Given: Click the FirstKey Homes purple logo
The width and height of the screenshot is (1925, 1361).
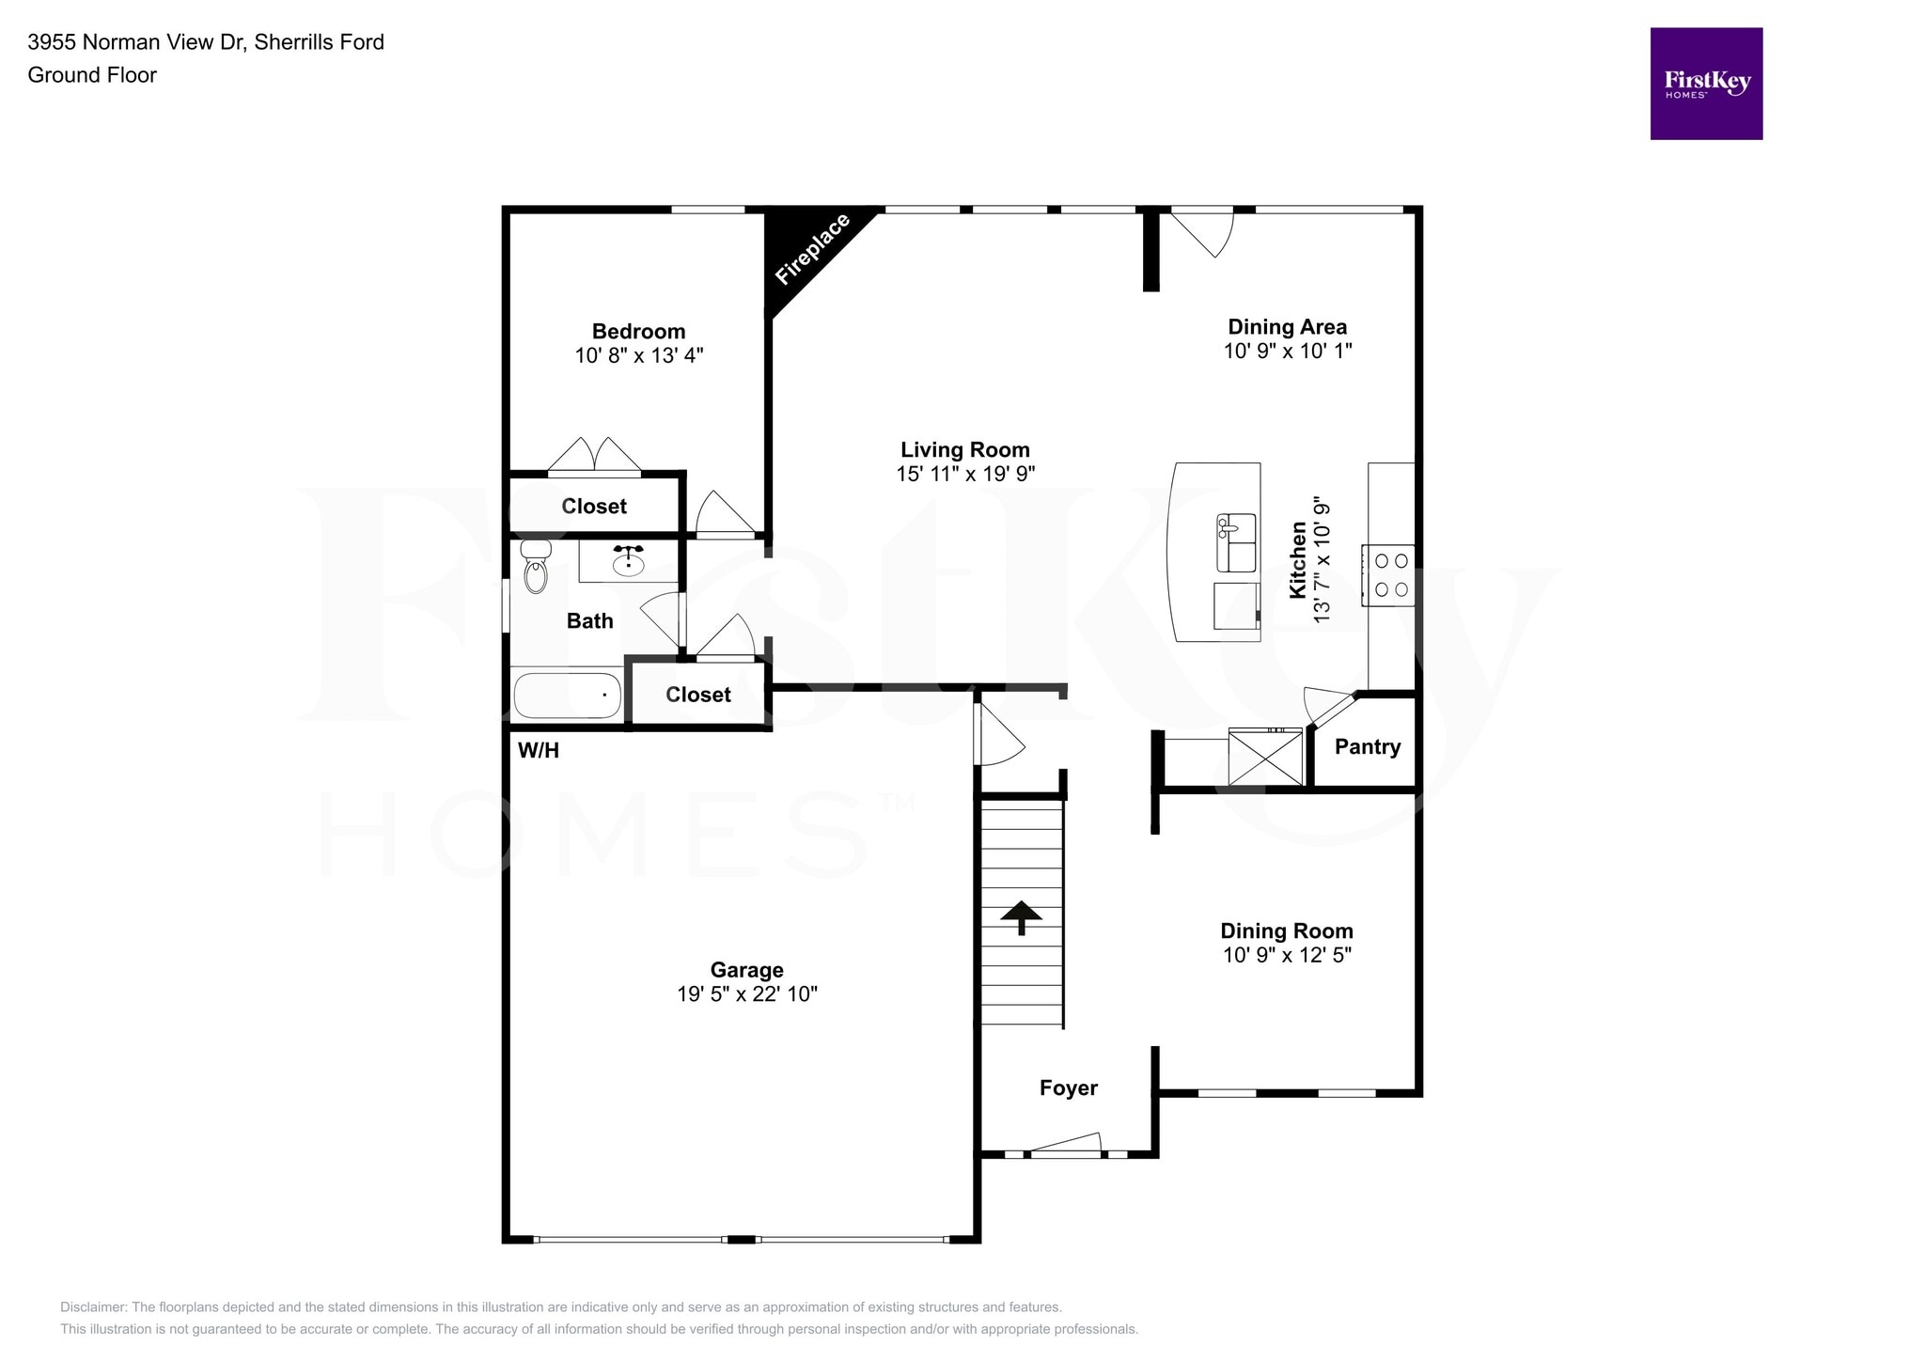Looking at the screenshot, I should coord(1705,84).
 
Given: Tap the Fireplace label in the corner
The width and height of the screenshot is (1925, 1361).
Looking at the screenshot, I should coord(812,249).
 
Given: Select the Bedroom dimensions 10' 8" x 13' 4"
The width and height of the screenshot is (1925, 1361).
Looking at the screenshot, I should coord(639,355).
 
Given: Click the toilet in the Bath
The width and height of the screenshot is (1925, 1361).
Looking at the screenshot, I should coord(535,567).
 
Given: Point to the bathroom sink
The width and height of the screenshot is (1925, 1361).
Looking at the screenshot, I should coord(628,562).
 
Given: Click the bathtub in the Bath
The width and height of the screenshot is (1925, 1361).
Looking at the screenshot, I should coord(567,696).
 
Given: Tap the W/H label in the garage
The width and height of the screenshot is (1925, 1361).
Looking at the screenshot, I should coord(539,750).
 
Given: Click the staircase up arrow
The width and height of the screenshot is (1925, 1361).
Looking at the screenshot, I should coord(1021,916).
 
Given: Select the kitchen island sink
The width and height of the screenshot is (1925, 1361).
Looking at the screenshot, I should coord(1236,542).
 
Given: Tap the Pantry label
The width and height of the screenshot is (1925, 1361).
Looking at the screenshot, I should coord(1367,747).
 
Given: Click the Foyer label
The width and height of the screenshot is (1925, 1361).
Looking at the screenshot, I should coord(1068,1088).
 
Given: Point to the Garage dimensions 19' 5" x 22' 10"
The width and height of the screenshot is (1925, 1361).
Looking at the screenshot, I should coord(747,994).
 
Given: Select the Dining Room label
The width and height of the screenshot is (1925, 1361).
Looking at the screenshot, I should coord(1286,931).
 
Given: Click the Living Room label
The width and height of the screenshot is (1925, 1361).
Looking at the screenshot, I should coord(965,450).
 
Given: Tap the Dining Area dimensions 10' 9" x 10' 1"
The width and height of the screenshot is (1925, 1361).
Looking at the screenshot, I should coord(1287,351).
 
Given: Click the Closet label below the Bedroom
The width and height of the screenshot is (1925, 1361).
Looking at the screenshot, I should coord(594,507).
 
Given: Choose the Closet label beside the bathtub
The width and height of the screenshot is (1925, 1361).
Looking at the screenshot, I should coord(697,695).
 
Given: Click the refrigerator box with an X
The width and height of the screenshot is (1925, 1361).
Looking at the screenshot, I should coord(1265,757).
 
